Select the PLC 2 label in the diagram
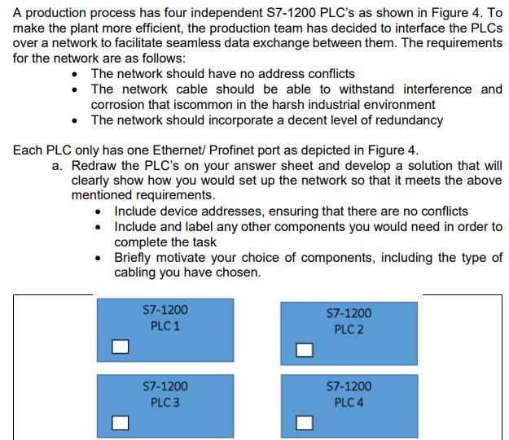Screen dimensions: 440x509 point(349,329)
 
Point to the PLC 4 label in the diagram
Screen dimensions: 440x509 point(349,403)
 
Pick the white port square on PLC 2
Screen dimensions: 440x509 point(305,350)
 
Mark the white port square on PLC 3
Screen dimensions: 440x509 point(121,422)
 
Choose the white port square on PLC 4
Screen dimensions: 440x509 point(305,423)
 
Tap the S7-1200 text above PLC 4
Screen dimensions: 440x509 point(349,386)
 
